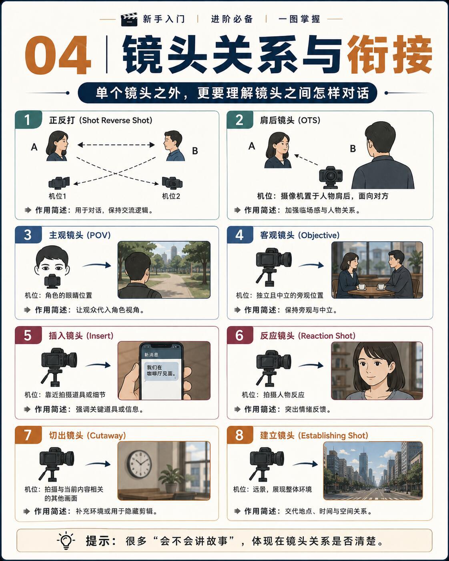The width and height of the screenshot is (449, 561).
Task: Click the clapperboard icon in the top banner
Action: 129,19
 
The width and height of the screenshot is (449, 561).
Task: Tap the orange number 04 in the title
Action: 58,56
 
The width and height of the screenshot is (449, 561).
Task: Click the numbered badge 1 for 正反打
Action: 28,120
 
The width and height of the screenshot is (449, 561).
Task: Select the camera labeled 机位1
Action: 59,182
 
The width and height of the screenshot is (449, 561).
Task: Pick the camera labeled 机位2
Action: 172,182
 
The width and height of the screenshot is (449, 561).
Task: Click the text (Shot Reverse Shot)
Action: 116,120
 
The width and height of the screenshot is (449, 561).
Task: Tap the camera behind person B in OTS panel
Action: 331,177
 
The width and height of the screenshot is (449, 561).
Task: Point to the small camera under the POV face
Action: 52,281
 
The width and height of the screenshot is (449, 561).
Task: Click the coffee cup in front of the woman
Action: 361,287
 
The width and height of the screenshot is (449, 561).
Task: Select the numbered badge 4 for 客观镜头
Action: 240,235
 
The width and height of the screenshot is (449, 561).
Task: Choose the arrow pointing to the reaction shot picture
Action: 311,365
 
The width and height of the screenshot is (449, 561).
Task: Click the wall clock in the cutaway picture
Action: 139,464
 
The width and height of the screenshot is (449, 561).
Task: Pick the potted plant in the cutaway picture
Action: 171,479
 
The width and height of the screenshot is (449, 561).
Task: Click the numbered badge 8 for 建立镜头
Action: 240,435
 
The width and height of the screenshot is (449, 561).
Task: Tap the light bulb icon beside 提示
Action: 66,541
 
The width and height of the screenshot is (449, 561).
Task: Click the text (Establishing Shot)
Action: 333,436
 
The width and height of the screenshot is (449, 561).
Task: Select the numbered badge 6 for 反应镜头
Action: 240,335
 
